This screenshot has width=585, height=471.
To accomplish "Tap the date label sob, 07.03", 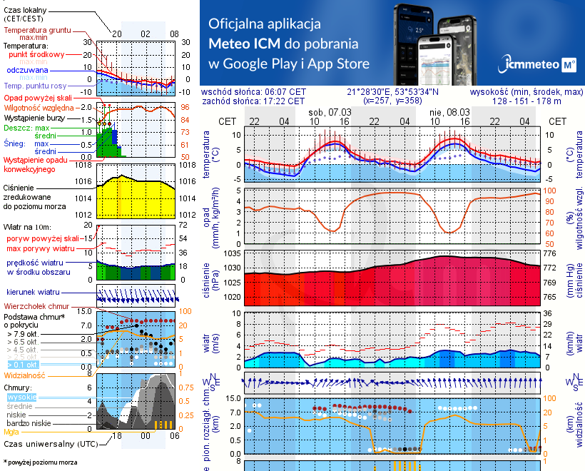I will pos(330,112).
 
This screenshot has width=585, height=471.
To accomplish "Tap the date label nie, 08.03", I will pos(449,112).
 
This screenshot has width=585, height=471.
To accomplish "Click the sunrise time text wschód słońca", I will pos(253,92).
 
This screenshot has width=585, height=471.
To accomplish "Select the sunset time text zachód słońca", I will pos(253,101).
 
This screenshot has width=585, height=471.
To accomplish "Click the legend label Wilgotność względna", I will pos(34,107).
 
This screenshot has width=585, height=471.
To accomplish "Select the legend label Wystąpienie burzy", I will pos(34,116).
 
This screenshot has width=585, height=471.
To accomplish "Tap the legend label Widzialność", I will pos(25,375).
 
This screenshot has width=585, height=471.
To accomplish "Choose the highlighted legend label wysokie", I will pos(21,397).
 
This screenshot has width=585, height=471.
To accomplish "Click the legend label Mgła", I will pos(11,432).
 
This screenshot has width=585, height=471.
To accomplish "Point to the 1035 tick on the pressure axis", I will pos(233,253).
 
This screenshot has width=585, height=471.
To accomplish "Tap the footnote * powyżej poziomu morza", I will pos(40,462).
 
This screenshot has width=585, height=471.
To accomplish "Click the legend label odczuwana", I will pos(27,71).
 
